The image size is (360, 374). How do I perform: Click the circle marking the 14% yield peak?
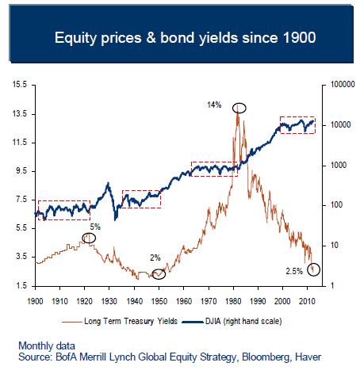pos(239,107)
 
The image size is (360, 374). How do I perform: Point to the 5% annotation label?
pos(95,227)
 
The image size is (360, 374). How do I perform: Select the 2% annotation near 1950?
pos(155,258)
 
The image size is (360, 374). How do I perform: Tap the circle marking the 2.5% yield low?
pos(314,269)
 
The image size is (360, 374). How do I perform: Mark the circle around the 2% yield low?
pos(159,274)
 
